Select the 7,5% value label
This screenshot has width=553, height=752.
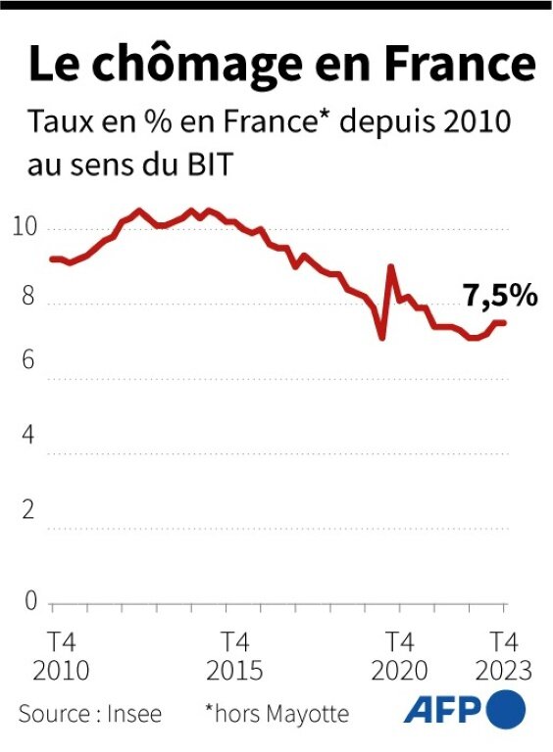click(x=500, y=295)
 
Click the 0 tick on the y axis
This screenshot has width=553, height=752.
click(x=29, y=599)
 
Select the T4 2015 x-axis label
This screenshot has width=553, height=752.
click(x=233, y=656)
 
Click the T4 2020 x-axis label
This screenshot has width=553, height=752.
click(x=399, y=656)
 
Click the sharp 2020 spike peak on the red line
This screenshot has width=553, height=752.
click(x=391, y=266)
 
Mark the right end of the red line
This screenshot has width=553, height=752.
click(x=505, y=323)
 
